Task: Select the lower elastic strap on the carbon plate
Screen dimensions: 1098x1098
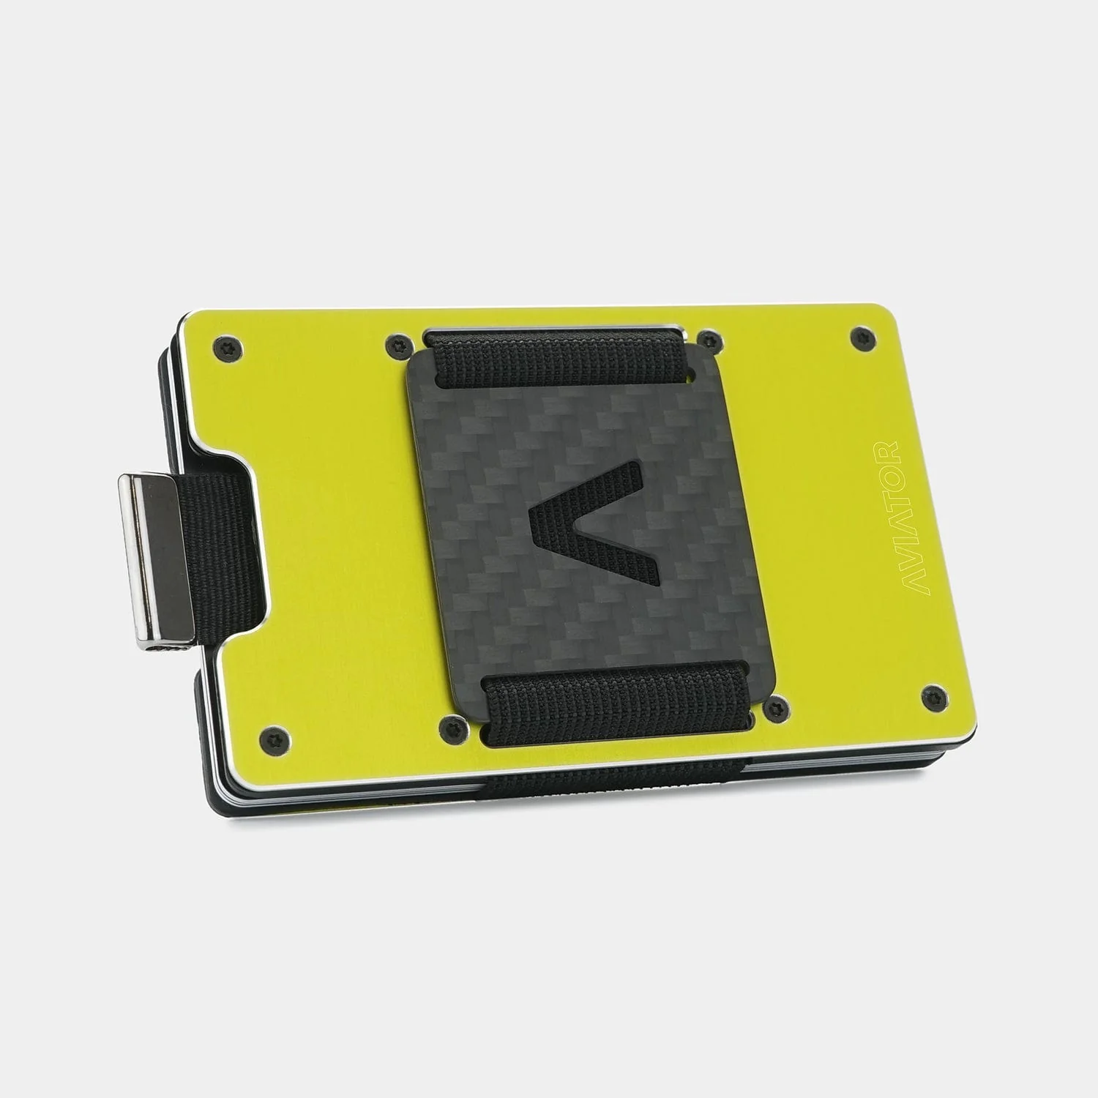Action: [x=615, y=695]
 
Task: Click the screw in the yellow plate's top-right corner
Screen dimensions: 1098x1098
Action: [x=859, y=337]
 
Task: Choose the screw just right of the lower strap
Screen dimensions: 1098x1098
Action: [x=774, y=708]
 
